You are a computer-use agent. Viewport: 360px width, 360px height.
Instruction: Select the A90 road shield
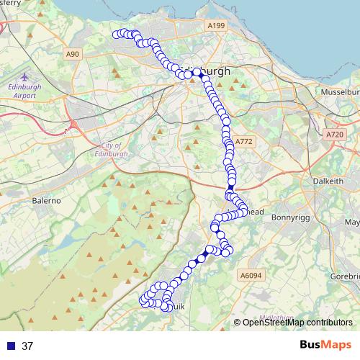71,54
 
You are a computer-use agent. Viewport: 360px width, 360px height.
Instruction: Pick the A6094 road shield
250,275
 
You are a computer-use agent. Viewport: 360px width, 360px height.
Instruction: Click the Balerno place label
45,201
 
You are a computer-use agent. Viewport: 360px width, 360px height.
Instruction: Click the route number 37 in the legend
27,346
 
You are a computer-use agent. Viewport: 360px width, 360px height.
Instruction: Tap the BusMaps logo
325,345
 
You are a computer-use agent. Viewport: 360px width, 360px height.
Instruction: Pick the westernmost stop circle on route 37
116,34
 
